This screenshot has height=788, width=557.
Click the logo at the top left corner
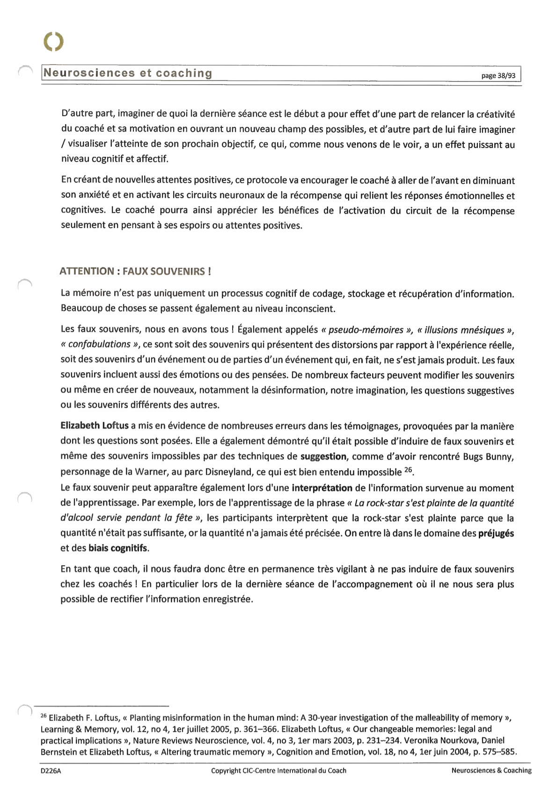(x=54, y=42)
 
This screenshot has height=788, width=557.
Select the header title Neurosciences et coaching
(x=128, y=73)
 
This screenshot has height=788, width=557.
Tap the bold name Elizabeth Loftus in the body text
(x=95, y=426)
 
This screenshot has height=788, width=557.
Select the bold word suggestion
(x=323, y=456)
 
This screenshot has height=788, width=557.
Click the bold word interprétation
(x=322, y=488)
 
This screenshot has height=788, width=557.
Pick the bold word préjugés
(x=496, y=533)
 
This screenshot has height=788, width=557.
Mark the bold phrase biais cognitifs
(x=118, y=548)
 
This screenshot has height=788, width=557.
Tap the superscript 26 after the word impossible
(x=408, y=470)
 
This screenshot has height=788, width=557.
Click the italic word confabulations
(x=99, y=344)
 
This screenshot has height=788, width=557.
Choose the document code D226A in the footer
(x=51, y=771)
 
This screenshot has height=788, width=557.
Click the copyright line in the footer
(x=278, y=771)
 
